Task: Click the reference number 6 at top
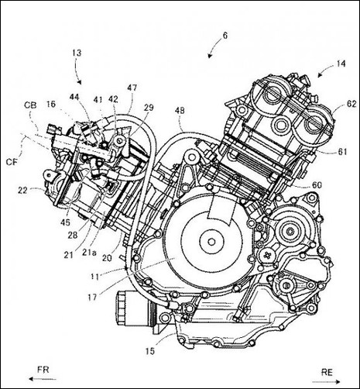[225, 36]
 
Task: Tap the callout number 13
[77, 53]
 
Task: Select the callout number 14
[341, 64]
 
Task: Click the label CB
[30, 105]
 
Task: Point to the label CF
[12, 162]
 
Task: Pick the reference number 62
[351, 104]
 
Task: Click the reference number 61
[342, 151]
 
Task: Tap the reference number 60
[317, 185]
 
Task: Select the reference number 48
[180, 111]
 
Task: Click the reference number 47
[132, 88]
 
